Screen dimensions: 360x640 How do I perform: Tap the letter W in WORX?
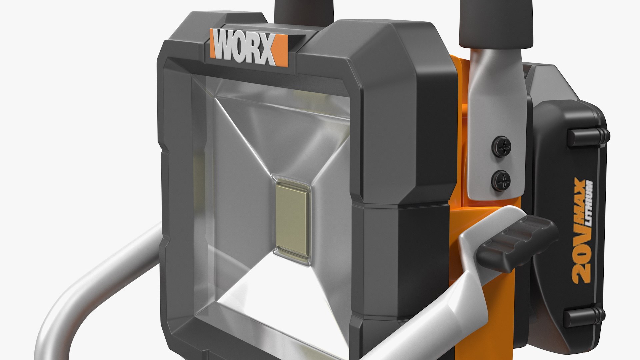point(224,47)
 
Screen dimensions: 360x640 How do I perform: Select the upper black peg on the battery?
point(588,135)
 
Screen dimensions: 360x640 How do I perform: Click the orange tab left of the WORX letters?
point(212,40)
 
